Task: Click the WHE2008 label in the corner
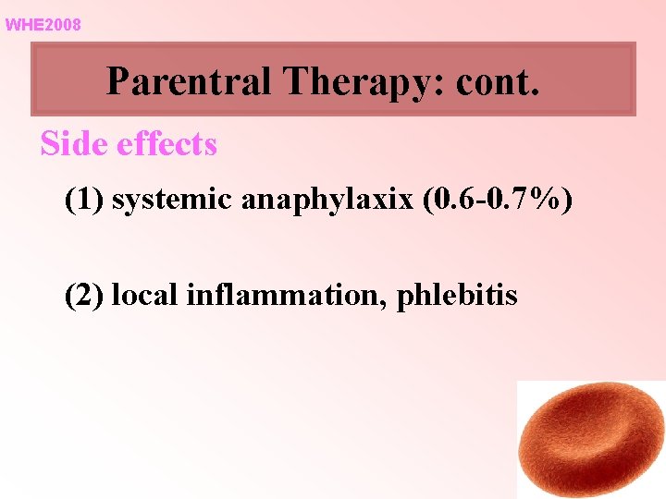(x=43, y=25)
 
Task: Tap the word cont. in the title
(x=497, y=81)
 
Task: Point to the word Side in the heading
(x=69, y=144)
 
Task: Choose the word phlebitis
(x=457, y=296)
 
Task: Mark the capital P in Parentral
(x=117, y=81)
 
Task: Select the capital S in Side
(x=49, y=144)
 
